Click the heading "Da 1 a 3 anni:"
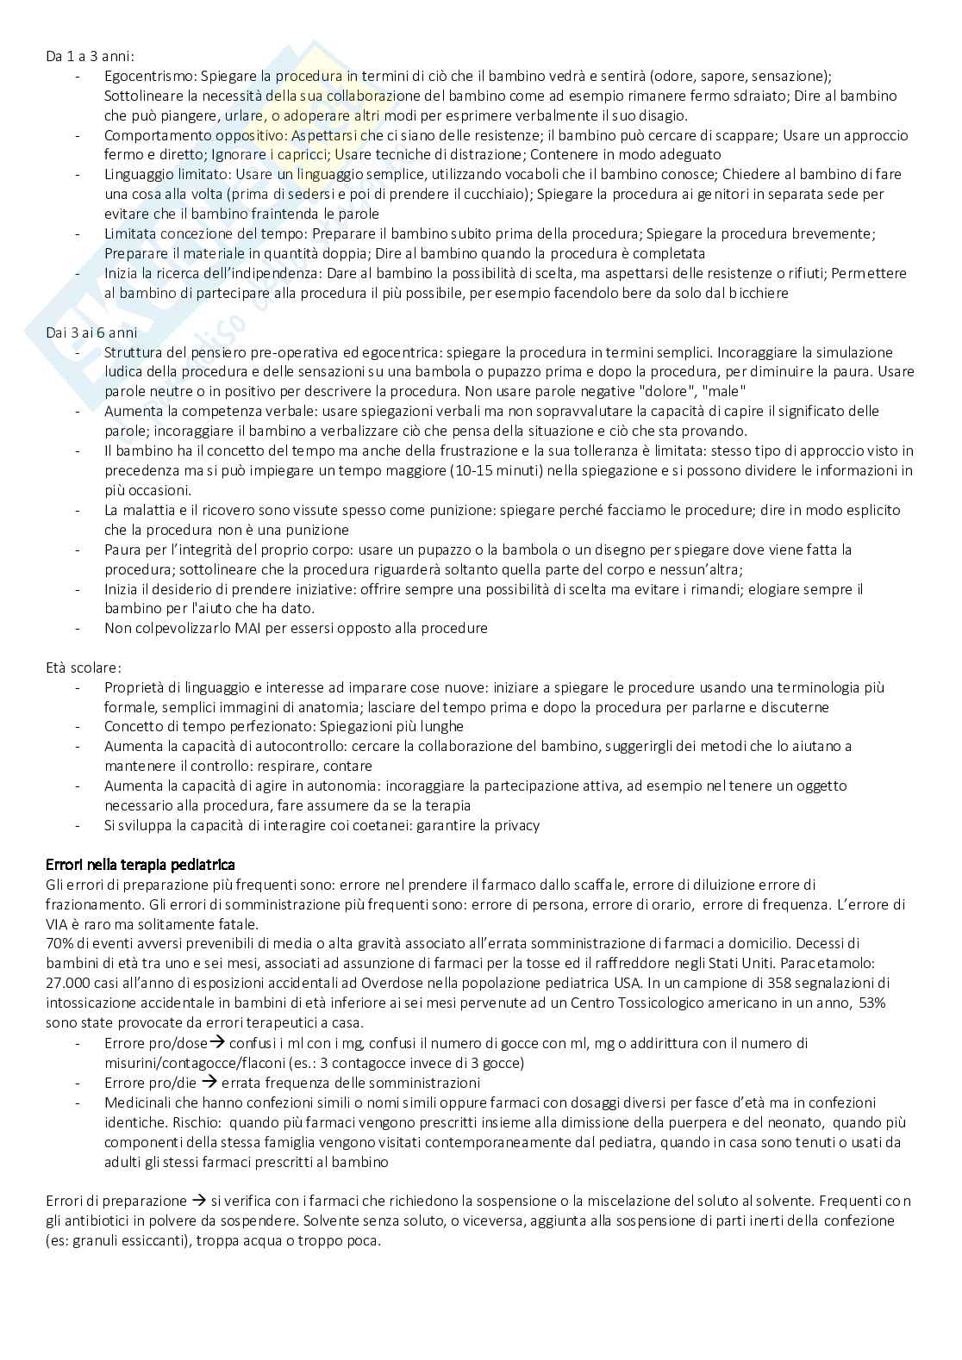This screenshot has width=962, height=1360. (x=90, y=56)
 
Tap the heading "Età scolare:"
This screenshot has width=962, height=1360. (x=83, y=668)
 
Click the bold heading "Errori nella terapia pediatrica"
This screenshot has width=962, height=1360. (x=140, y=864)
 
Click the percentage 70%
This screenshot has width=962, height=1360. (x=59, y=943)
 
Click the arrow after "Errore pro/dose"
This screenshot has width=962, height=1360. (x=217, y=1042)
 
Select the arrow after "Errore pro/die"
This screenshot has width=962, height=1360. (x=209, y=1082)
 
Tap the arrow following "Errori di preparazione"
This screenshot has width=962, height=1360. (x=198, y=1200)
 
